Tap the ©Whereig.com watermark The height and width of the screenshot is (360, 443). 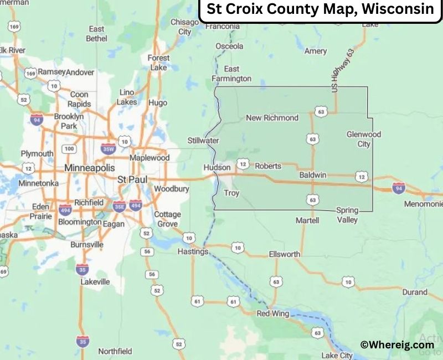tap(396, 344)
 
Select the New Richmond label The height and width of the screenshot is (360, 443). tap(272, 117)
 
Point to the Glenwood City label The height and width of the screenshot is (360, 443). tap(364, 139)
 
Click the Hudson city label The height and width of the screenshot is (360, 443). tap(217, 167)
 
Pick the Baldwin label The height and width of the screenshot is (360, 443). tap(312, 175)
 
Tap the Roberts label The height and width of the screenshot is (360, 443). tap(268, 166)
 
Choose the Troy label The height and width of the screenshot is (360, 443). tap(231, 193)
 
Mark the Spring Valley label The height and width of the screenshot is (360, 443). tap(347, 215)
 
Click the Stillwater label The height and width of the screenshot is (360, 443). tap(203, 141)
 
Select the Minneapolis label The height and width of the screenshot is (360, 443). tap(90, 167)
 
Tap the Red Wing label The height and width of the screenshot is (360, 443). tap(274, 313)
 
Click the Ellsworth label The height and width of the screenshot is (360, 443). tap(284, 254)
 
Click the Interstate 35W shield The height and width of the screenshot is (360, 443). tap(109, 148)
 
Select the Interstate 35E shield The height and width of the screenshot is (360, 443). tap(119, 206)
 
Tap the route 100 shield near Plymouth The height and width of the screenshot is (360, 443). tap(69, 149)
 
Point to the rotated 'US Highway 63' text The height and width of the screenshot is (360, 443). tap(343, 70)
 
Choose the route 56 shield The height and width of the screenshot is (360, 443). tap(147, 251)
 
